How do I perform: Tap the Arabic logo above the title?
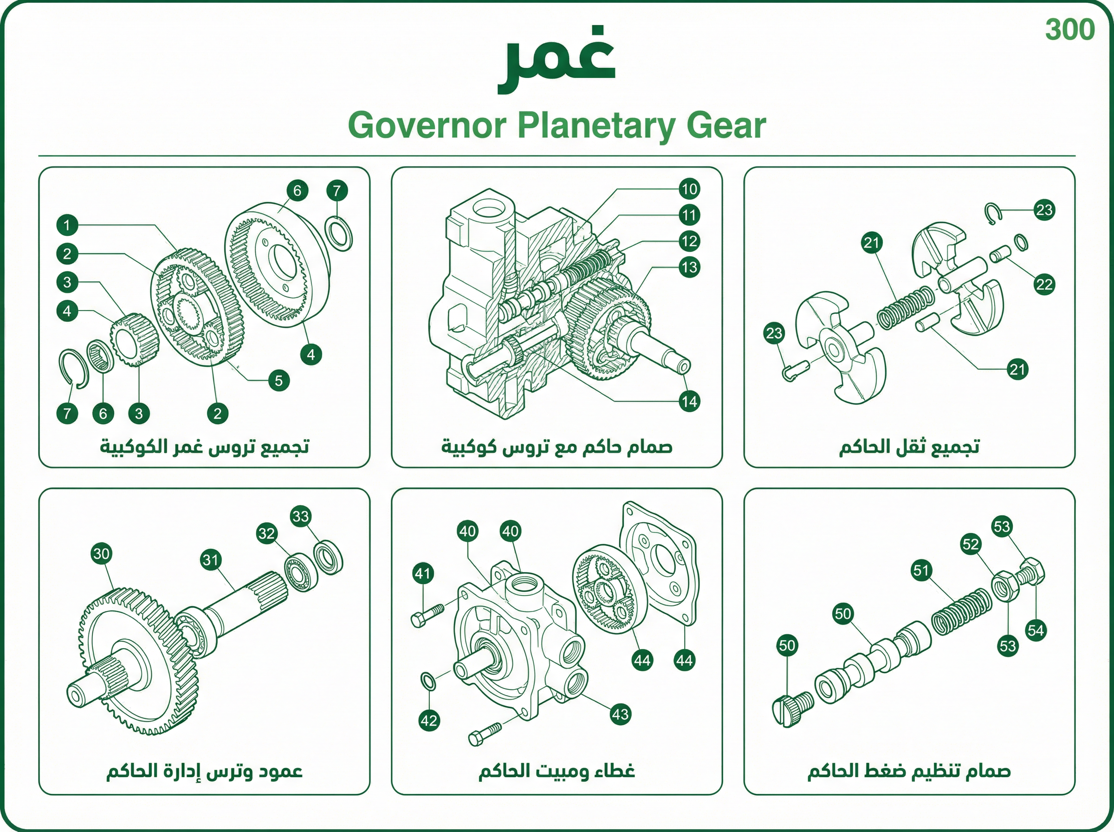click(556, 59)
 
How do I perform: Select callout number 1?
click(67, 225)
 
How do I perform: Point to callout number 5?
click(278, 380)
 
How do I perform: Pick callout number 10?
click(689, 189)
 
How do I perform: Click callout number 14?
click(689, 402)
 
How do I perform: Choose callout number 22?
click(1044, 285)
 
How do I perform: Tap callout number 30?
click(101, 554)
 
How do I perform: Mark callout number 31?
click(211, 559)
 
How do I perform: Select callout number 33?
click(300, 516)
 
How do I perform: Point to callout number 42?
click(429, 720)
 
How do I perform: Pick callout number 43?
click(620, 714)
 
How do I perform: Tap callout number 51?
click(921, 570)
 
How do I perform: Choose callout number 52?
click(970, 544)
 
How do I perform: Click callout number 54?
click(1036, 630)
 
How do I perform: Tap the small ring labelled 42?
click(428, 681)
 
